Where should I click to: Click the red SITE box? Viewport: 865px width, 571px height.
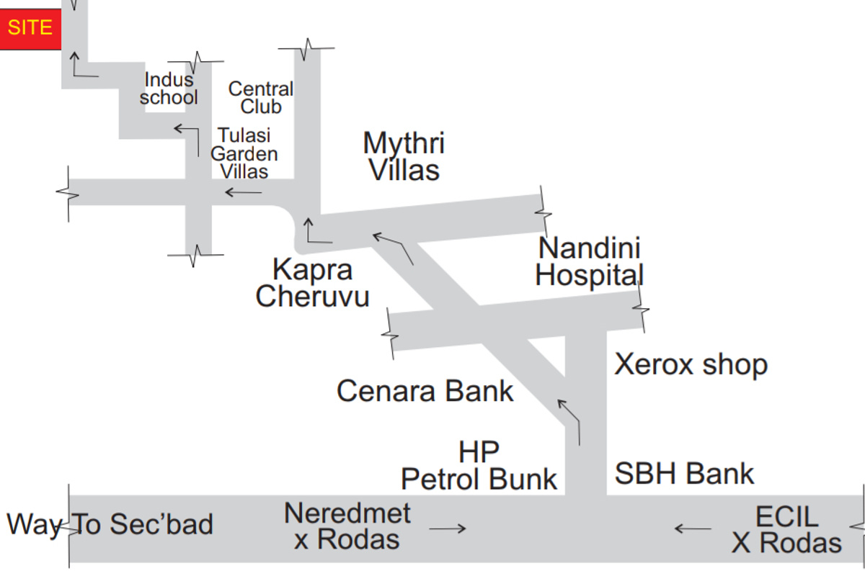30,29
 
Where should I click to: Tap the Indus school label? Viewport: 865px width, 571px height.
169,89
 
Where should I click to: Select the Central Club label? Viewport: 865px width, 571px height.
260,98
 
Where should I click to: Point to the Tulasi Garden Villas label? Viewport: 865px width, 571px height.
244,153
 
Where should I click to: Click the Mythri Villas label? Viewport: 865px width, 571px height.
404,156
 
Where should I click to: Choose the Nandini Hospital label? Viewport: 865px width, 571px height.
590,261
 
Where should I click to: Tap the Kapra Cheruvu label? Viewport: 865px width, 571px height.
312,283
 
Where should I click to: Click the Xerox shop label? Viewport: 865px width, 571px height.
691,365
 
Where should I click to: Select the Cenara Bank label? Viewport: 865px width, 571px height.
425,391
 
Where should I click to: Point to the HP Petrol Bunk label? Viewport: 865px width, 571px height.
479,466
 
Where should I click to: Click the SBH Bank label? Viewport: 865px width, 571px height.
684,474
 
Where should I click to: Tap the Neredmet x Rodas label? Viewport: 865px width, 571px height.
347,526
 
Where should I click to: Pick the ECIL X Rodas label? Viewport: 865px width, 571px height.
786,530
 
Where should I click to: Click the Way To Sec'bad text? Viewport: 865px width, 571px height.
110,524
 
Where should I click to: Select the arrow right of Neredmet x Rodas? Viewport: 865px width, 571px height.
448,529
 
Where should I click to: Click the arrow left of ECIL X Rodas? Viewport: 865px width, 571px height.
693,529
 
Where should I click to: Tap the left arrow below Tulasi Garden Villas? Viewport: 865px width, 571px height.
243,192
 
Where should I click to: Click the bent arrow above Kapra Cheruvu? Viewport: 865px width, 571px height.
316,230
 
